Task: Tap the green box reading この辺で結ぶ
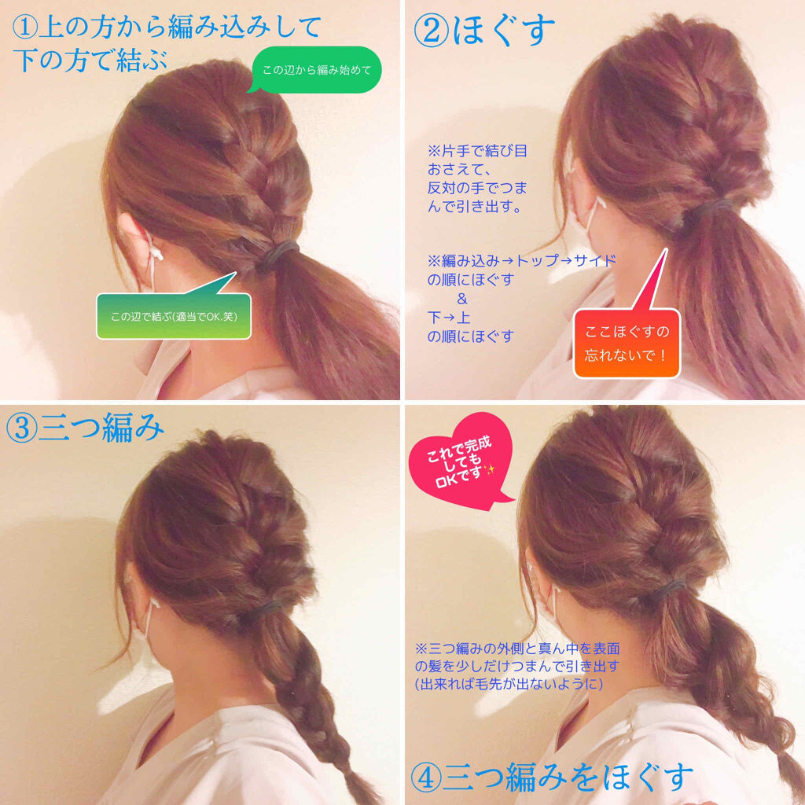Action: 174,317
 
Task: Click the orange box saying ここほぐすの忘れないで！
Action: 626,343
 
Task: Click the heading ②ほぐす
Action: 484,31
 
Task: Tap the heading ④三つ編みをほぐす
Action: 552,776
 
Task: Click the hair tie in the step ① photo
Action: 281,252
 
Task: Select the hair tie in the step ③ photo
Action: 267,606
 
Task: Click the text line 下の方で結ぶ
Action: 90,61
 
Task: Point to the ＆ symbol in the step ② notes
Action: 461,299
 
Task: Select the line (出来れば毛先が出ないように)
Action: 509,685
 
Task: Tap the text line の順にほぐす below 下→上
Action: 470,336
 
